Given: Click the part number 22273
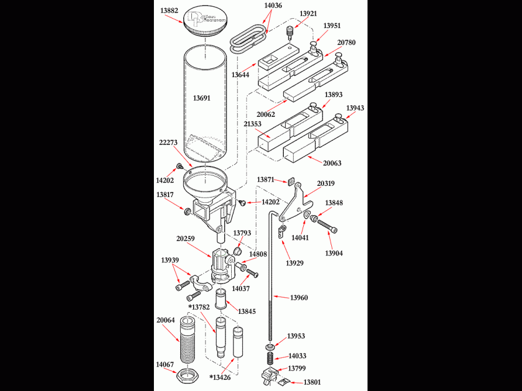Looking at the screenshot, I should pyautogui.click(x=168, y=143).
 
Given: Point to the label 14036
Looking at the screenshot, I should pyautogui.click(x=273, y=5).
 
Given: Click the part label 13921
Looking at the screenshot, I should pyautogui.click(x=309, y=13).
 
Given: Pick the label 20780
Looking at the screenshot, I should pyautogui.click(x=346, y=43).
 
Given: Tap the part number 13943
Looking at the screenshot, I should pyautogui.click(x=355, y=108).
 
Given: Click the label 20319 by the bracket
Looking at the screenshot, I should pyautogui.click(x=326, y=183).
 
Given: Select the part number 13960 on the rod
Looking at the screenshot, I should pyautogui.click(x=298, y=297).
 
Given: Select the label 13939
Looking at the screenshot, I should pyautogui.click(x=170, y=259).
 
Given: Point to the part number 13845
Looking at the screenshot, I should pyautogui.click(x=246, y=312).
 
